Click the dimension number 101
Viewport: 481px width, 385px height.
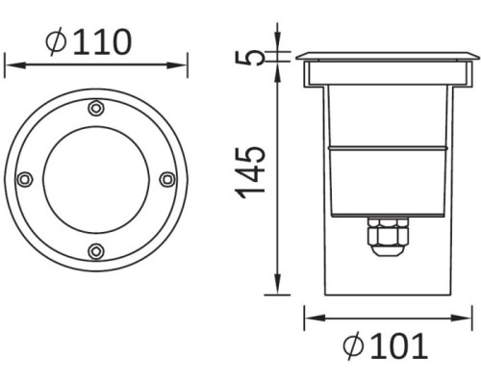[396, 346]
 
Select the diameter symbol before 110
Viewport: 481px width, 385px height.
[55, 41]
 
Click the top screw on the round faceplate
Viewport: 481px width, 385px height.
[94, 108]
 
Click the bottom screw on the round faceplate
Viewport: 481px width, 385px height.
[94, 251]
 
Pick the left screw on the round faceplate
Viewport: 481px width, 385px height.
[24, 179]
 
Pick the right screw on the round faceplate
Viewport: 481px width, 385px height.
[166, 178]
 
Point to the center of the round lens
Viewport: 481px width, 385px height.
[95, 179]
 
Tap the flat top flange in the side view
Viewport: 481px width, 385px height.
[386, 57]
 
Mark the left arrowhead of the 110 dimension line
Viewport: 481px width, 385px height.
[9, 64]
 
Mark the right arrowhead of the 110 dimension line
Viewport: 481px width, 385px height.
[183, 64]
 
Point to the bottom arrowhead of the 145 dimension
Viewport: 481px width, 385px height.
[277, 289]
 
